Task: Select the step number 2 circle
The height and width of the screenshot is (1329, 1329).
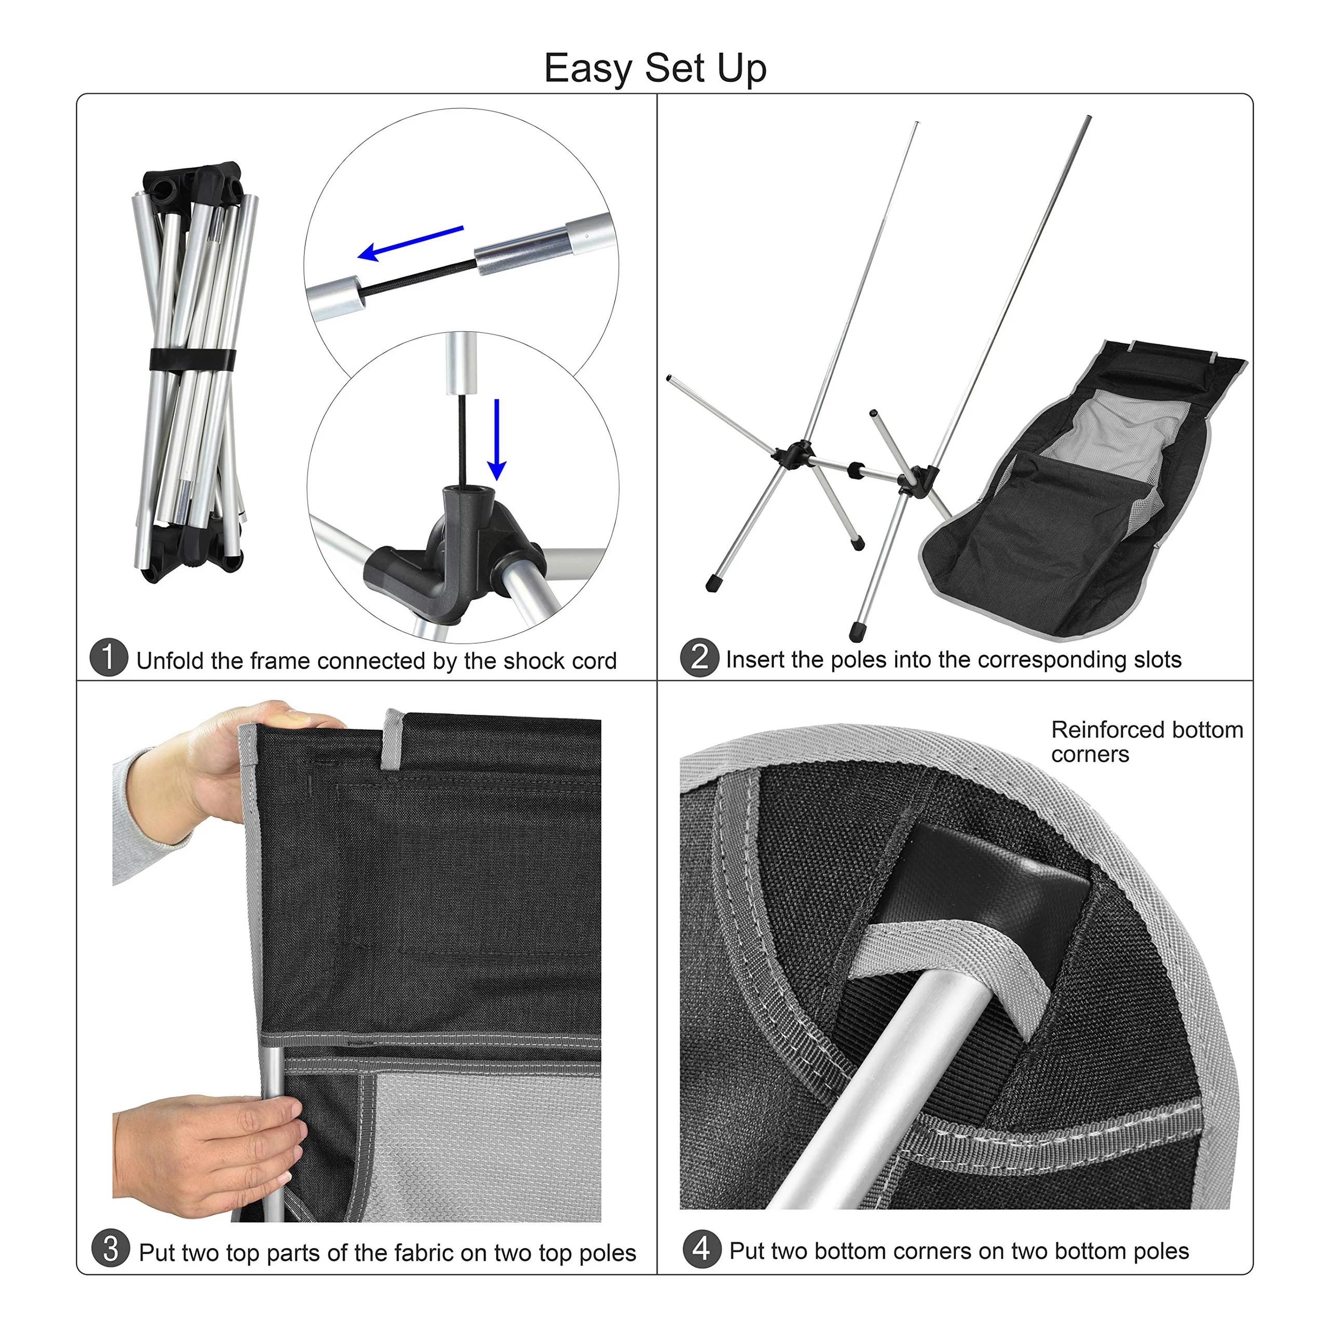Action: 700,658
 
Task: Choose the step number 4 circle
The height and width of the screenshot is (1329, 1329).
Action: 702,1248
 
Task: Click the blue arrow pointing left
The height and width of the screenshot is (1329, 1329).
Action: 411,243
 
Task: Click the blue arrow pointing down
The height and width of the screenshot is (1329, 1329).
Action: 497,440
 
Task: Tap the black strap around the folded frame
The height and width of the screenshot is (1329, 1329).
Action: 193,360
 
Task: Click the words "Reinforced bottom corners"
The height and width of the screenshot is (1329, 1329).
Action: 1147,741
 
